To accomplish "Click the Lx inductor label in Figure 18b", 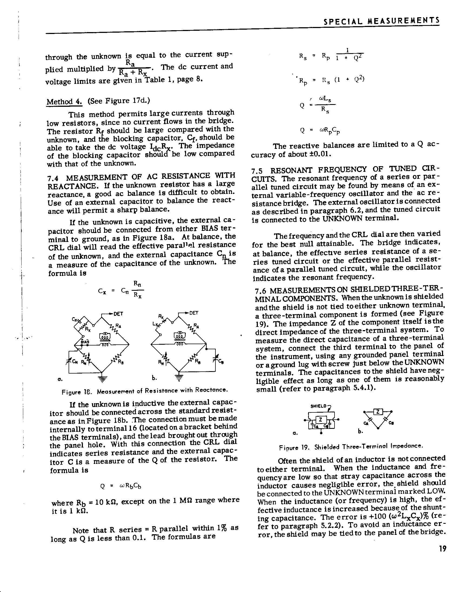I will point(155,325).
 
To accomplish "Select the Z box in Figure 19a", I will point(320,420).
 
